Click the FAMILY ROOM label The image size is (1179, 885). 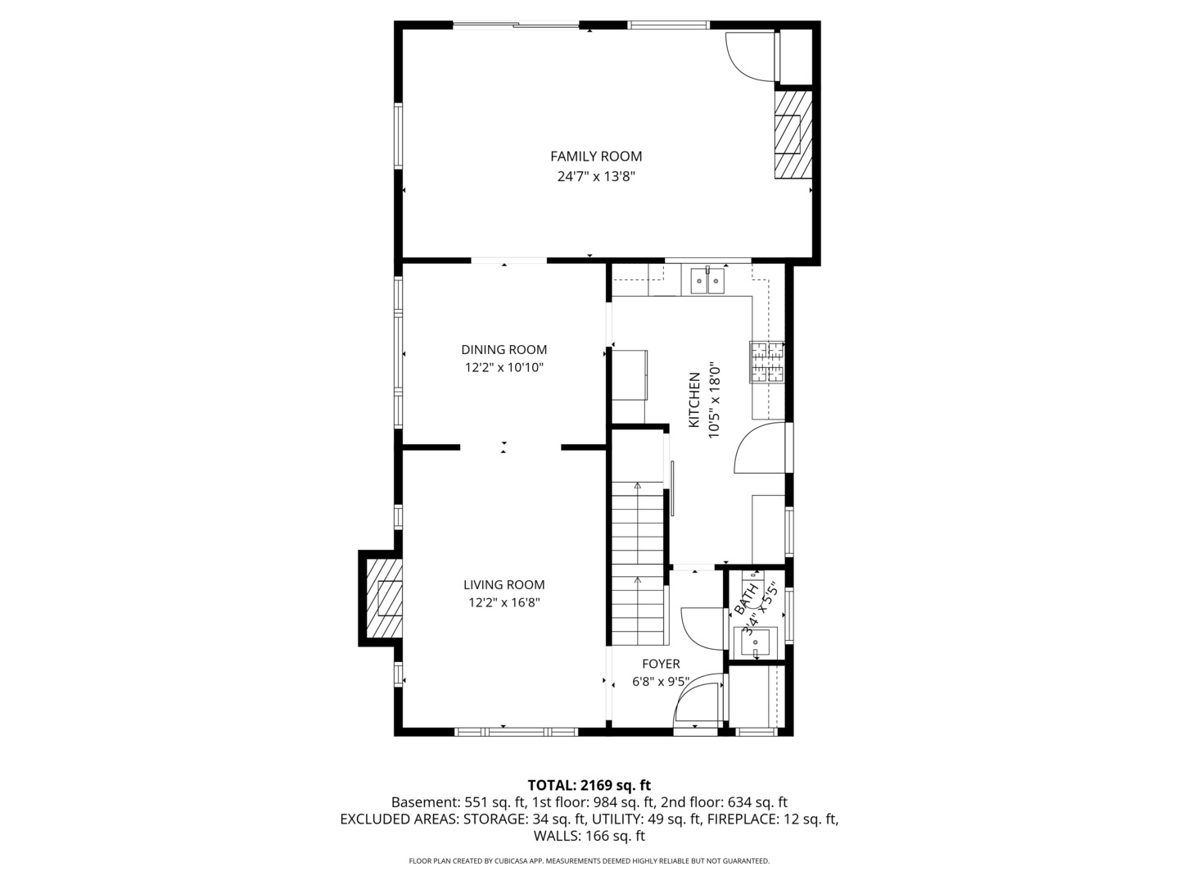coord(596,157)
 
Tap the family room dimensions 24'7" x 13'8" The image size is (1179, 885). coord(596,176)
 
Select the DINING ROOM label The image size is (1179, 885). coord(504,349)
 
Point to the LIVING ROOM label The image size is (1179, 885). coord(504,584)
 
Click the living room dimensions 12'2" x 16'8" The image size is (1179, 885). coord(504,602)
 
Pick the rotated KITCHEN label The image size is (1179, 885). coord(694,400)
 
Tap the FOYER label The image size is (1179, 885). coord(661,664)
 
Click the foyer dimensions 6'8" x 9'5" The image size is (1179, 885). coord(661,682)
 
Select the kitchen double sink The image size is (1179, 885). coord(707,281)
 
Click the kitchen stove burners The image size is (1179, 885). coord(767,362)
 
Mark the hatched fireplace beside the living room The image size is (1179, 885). coord(384,598)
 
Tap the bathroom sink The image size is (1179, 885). coord(755,642)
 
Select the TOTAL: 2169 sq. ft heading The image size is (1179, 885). coord(589,785)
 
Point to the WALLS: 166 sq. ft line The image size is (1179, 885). coord(589,836)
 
